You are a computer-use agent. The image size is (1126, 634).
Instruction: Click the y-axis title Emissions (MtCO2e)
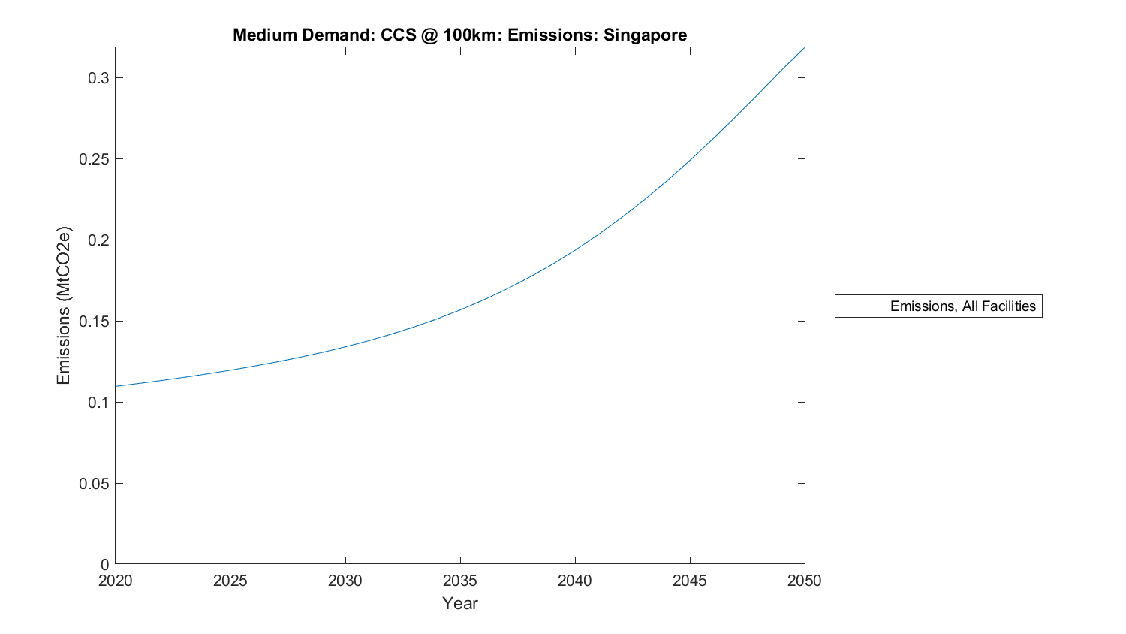pos(64,306)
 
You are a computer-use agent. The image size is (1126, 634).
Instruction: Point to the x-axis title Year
pos(459,604)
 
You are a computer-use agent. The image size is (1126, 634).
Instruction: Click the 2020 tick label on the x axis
pos(115,581)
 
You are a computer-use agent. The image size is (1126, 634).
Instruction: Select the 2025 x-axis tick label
pos(230,581)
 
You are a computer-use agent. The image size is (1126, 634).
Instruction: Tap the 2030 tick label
pos(345,581)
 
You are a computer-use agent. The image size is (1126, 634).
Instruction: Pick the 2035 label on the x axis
pos(459,581)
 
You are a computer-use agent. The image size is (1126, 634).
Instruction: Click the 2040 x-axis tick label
pos(574,581)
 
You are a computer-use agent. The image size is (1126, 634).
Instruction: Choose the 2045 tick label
pos(689,581)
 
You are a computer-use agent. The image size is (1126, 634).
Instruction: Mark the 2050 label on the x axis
pos(804,581)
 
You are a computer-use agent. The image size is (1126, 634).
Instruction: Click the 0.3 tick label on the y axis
pos(98,78)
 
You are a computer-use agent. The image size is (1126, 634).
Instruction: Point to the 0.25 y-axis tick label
pos(95,159)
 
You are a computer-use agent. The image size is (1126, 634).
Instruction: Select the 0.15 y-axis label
pos(95,322)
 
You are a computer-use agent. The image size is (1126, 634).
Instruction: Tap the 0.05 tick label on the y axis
pos(95,484)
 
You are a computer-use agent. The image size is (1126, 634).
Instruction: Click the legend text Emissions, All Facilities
pos(962,306)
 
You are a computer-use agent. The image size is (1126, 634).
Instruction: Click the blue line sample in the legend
pos(863,306)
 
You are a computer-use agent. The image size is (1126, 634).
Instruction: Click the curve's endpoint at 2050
pos(804,47)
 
